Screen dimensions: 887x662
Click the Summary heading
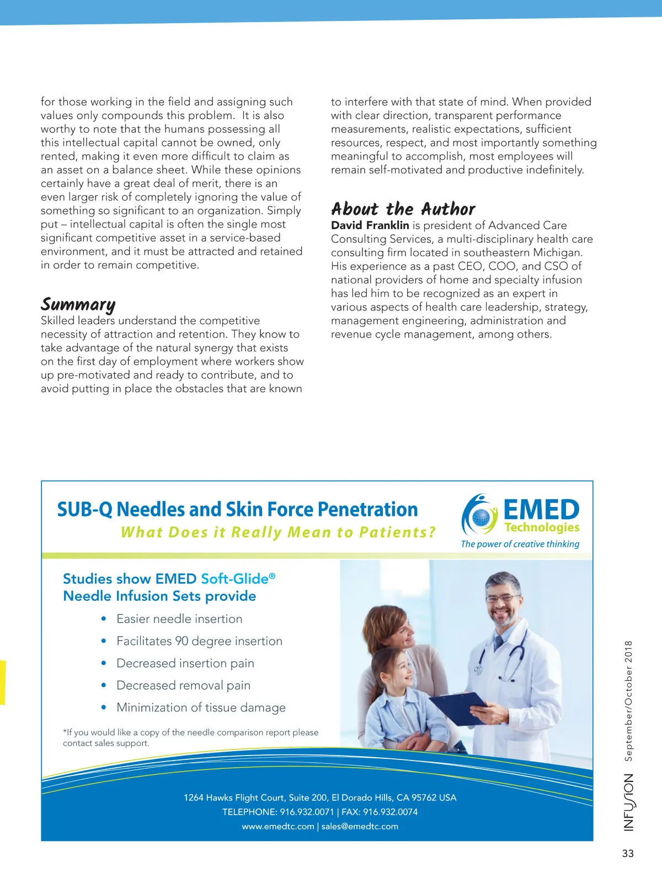coord(78,304)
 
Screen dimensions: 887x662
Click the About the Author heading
coord(403,209)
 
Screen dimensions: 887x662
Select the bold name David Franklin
coord(370,225)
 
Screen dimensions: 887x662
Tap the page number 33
coord(628,853)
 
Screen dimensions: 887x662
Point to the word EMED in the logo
coord(541,509)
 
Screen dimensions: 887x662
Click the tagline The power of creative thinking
coord(520,544)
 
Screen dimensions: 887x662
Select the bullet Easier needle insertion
coord(179,619)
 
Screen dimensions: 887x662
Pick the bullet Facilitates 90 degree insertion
coord(199,641)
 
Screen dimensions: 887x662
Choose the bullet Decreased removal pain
coord(183,685)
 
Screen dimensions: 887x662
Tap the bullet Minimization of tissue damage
coord(201,708)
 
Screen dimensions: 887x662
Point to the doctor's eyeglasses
coord(503,598)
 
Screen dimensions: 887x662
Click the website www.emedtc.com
coord(277,826)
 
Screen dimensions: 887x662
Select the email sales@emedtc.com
coord(360,826)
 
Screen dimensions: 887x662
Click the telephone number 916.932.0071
coord(307,812)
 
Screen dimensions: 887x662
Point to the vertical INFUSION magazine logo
coord(629,802)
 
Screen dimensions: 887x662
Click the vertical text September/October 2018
coord(629,700)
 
